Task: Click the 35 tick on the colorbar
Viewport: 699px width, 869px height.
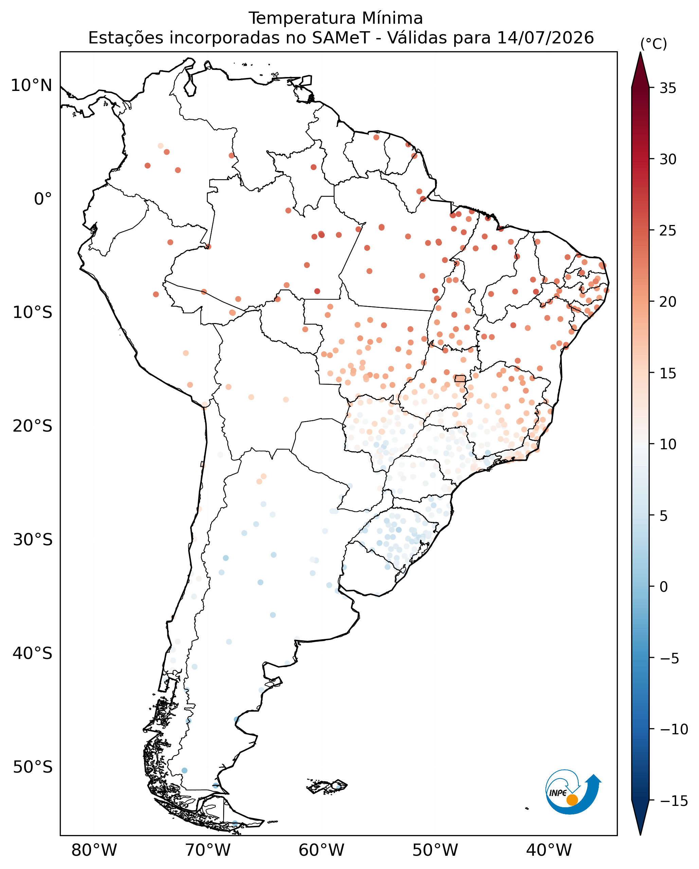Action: tap(667, 88)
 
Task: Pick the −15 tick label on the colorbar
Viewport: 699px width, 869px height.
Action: tap(674, 800)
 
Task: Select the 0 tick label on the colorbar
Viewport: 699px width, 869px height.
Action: tap(663, 587)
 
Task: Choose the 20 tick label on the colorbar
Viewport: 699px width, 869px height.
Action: tap(667, 302)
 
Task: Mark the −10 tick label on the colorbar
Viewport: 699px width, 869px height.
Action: tap(674, 729)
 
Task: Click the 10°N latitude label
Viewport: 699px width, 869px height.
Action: tap(32, 86)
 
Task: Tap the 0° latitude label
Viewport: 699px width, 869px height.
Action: tap(43, 199)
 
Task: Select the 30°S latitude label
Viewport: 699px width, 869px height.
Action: tap(32, 540)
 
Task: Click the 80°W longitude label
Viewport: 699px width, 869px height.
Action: tap(94, 850)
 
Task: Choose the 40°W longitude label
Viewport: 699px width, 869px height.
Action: tap(549, 850)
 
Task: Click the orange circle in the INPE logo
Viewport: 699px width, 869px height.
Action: tap(572, 800)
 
